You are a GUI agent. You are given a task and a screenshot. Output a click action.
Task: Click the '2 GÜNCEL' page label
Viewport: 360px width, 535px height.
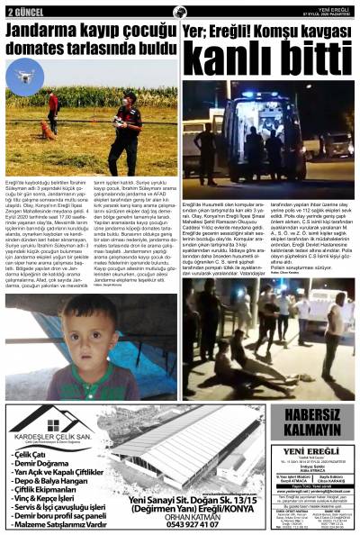click(x=23, y=12)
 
